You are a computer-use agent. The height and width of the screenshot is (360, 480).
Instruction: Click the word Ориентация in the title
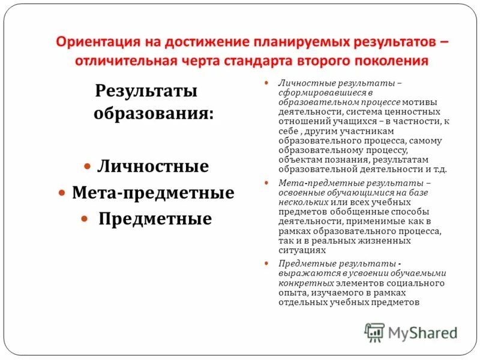(x=97, y=43)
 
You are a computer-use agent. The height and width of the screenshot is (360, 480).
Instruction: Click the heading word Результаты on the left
(x=146, y=92)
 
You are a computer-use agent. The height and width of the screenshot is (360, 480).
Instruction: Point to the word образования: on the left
(x=153, y=113)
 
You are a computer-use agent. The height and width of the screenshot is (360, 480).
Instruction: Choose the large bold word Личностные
(x=153, y=166)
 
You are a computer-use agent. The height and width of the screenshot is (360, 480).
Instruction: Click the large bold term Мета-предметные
(x=153, y=193)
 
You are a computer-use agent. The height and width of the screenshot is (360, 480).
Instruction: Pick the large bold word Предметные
(x=155, y=219)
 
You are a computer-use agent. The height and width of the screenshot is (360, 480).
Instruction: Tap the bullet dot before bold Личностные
(x=87, y=164)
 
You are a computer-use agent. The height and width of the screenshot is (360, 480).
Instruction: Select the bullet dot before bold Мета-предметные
(x=62, y=192)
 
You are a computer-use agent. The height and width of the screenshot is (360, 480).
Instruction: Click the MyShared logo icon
(x=374, y=332)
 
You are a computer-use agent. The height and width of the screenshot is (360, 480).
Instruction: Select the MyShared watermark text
(x=422, y=332)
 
